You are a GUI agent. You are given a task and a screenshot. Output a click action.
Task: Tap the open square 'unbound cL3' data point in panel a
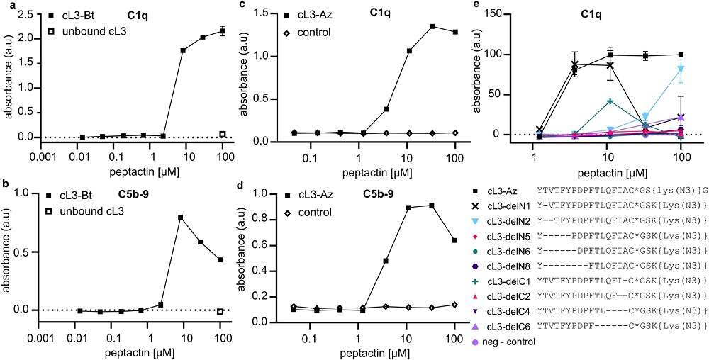coord(222,134)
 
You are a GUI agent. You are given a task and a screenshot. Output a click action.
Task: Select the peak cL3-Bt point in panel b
coord(180,217)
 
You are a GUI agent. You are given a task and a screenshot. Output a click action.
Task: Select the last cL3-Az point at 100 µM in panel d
coord(454,260)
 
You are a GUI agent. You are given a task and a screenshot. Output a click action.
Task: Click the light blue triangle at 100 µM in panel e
coord(661,69)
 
